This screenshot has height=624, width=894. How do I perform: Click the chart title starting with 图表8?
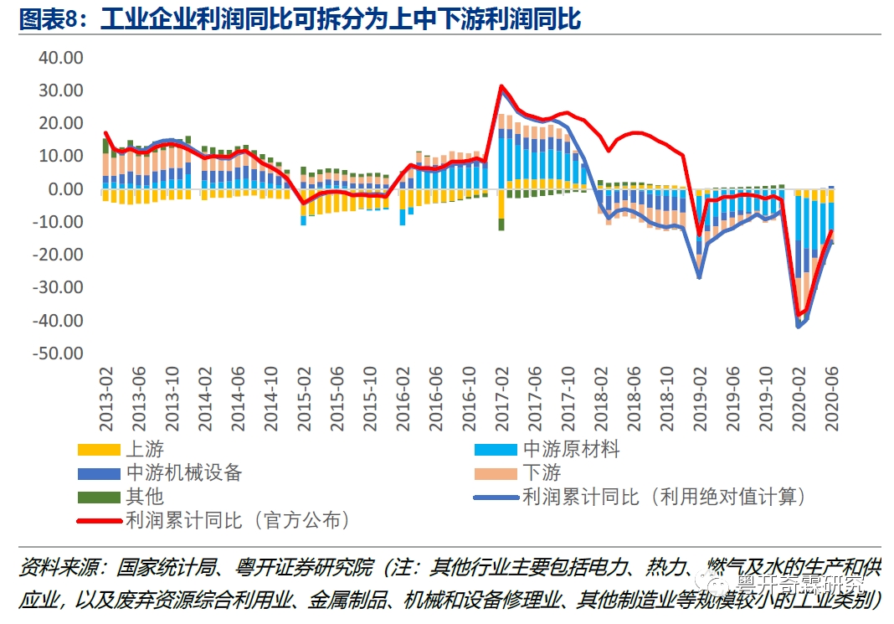pyautogui.click(x=300, y=20)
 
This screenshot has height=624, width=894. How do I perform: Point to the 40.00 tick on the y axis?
pyautogui.click(x=61, y=58)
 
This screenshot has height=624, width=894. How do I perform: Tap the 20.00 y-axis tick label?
pyautogui.click(x=61, y=124)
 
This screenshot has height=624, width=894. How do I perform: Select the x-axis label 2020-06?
pyautogui.click(x=832, y=399)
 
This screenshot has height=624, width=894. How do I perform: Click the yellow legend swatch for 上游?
pyautogui.click(x=98, y=450)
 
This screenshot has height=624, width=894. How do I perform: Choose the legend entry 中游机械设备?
pyautogui.click(x=183, y=473)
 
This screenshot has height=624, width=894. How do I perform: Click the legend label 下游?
pyautogui.click(x=542, y=473)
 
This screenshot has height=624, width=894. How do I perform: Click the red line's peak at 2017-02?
pyautogui.click(x=501, y=86)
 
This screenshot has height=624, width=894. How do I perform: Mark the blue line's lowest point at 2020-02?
pyautogui.click(x=799, y=327)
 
